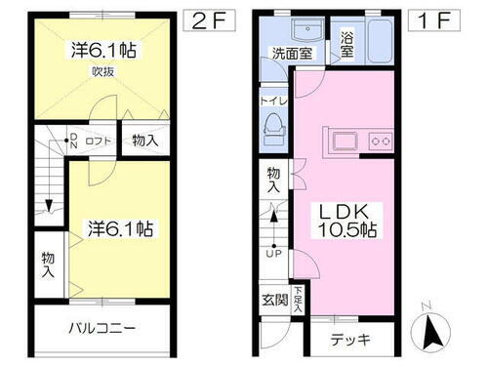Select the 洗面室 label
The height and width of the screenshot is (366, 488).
[x=291, y=55]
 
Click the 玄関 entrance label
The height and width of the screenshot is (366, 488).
[x=274, y=300]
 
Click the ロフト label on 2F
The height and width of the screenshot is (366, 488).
[x=98, y=141]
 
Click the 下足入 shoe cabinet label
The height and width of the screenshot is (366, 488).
[x=298, y=298]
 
